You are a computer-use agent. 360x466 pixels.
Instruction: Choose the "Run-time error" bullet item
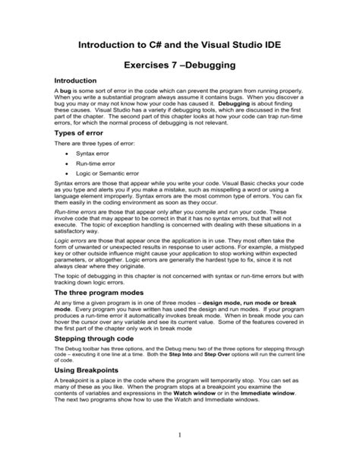[94, 164]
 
